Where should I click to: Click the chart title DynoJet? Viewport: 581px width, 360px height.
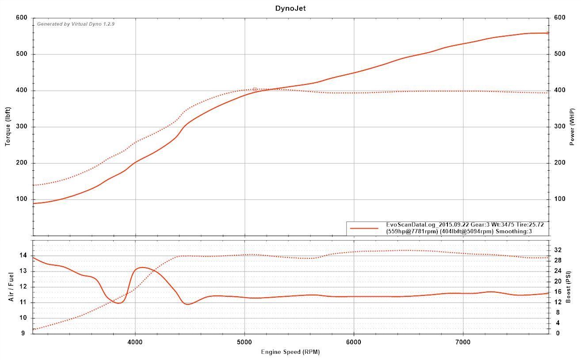coord(290,8)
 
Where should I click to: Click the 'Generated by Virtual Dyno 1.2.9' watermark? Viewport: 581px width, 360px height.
coord(76,24)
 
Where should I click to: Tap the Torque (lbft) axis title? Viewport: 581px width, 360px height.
coord(8,127)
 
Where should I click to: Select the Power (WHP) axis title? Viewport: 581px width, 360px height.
coord(572,127)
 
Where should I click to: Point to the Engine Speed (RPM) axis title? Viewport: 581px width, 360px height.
coord(290,352)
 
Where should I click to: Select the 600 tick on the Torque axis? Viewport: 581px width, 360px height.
coord(22,18)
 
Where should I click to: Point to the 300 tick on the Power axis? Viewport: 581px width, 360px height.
coord(559,127)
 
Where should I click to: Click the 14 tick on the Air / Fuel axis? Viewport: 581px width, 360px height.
coord(23,256)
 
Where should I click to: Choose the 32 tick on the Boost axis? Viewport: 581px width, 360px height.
coord(558,250)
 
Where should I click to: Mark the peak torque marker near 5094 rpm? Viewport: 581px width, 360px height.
coord(255,89)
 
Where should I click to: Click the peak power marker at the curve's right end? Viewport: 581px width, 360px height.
coord(547,33)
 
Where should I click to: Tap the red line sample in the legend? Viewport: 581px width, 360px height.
coord(364,228)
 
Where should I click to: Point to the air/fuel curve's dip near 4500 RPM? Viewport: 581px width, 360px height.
coord(188,304)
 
